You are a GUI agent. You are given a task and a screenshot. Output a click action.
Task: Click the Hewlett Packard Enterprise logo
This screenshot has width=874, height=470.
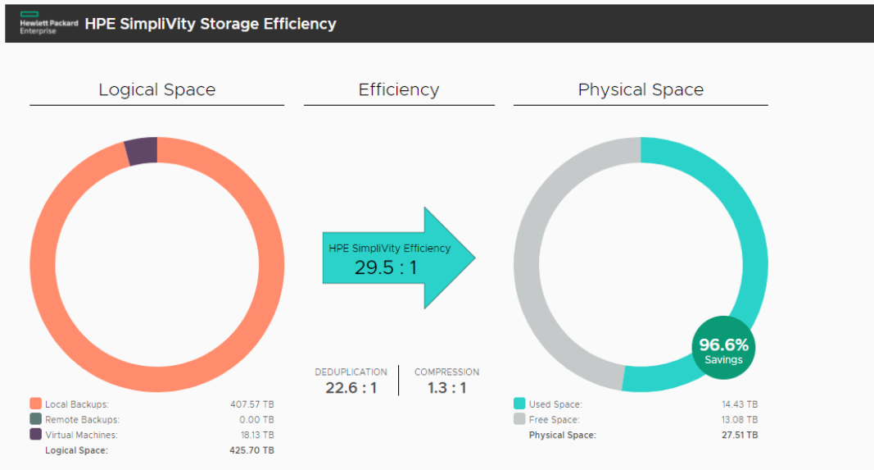pyautogui.click(x=48, y=24)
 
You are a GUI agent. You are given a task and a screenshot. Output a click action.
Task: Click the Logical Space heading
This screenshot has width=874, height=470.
pyautogui.click(x=157, y=90)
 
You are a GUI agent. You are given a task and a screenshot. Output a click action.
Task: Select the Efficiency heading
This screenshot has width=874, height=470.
pyautogui.click(x=399, y=90)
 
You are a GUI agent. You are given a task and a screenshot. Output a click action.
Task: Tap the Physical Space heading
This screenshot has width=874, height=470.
pyautogui.click(x=641, y=90)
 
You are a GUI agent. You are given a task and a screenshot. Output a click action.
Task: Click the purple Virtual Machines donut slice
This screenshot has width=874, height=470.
pyautogui.click(x=141, y=152)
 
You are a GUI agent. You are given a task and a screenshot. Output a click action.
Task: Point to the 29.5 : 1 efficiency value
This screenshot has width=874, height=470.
pyautogui.click(x=386, y=267)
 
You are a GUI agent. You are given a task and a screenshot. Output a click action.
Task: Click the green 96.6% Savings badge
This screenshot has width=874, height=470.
pyautogui.click(x=723, y=349)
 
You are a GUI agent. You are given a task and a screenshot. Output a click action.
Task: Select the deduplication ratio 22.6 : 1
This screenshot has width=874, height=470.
pyautogui.click(x=351, y=387)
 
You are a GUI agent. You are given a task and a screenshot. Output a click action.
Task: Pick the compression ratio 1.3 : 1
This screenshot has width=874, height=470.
pyautogui.click(x=446, y=387)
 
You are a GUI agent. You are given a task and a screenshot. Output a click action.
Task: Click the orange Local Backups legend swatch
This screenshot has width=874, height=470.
pyautogui.click(x=35, y=404)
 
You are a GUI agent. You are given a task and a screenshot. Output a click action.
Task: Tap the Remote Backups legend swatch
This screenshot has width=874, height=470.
pyautogui.click(x=35, y=419)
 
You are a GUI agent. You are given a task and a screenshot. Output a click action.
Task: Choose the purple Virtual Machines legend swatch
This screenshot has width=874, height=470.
pyautogui.click(x=35, y=435)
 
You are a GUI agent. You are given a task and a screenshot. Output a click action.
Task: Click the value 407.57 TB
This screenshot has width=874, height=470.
pyautogui.click(x=252, y=404)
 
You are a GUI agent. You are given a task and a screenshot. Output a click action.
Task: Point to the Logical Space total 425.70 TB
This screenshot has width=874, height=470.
pyautogui.click(x=251, y=450)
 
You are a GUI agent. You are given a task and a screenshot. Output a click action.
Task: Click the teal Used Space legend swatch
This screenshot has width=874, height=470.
pyautogui.click(x=519, y=404)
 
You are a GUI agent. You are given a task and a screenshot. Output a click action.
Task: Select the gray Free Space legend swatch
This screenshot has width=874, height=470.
pyautogui.click(x=519, y=419)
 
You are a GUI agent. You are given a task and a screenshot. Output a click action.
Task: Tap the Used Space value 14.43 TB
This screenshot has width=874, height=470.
pyautogui.click(x=740, y=404)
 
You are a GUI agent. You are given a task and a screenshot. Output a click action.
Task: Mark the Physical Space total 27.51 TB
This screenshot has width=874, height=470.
pyautogui.click(x=739, y=435)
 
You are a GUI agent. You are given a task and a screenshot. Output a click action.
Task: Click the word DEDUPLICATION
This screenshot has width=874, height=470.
pyautogui.click(x=351, y=372)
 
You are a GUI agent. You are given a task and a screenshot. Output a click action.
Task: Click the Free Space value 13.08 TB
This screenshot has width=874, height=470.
pyautogui.click(x=740, y=419)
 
